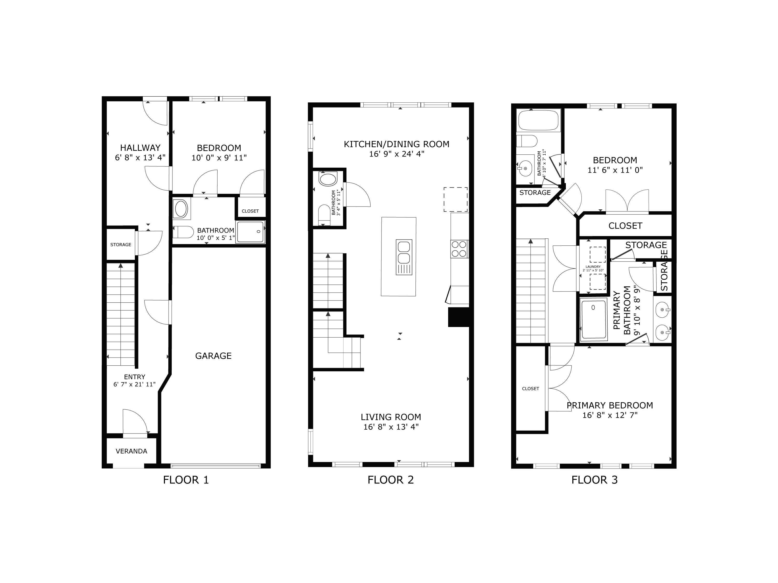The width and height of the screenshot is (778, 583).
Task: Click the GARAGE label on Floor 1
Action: point(213,356)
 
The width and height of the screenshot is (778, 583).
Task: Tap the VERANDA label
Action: point(131,451)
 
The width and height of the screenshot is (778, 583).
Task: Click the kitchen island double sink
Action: point(404,252)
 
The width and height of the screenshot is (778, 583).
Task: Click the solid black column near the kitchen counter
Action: point(458,317)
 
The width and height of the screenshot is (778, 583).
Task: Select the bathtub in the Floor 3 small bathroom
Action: point(538,120)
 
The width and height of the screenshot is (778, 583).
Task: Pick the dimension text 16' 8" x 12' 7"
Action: point(610,415)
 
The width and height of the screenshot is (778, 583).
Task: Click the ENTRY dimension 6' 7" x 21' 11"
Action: point(134,385)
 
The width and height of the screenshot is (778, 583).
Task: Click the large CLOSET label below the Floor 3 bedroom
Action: point(625,226)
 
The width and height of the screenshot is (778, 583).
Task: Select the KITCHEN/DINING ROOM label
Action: point(396,144)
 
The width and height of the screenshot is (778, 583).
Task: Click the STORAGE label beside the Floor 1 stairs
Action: point(121,245)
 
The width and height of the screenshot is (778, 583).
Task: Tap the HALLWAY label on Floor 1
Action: point(140,148)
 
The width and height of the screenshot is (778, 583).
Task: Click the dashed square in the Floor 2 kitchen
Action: point(455,200)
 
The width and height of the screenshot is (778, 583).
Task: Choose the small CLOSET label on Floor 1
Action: point(250,211)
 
